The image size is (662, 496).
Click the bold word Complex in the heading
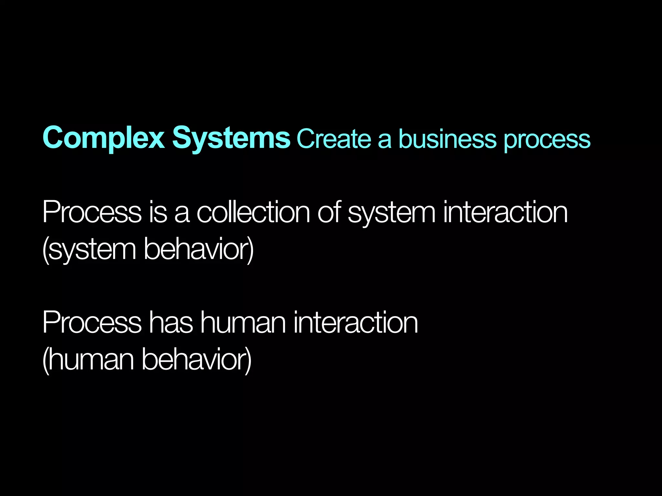coord(103,138)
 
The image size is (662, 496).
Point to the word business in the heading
coord(447,139)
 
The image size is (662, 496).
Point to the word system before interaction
coord(391,214)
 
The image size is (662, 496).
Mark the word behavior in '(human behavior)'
coord(194,359)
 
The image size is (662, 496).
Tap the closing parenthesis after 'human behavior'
coord(249,360)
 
